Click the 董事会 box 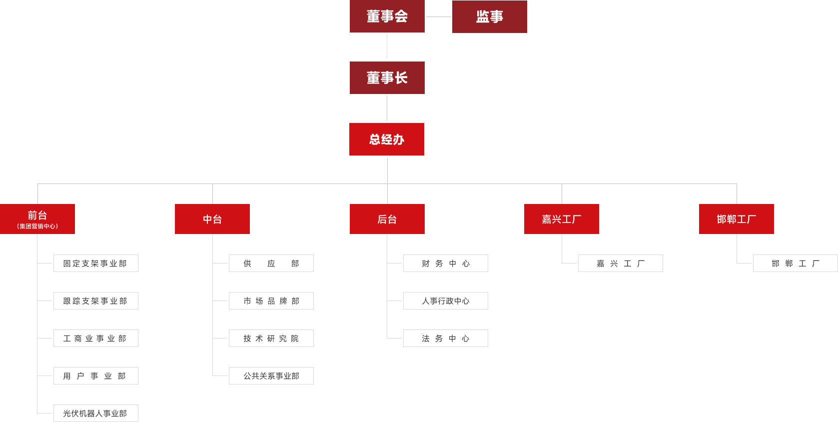point(387,16)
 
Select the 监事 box point(489,16)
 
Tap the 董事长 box point(387,77)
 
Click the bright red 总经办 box point(387,139)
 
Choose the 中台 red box point(212,219)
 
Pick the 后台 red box point(387,219)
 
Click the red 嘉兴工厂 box point(562,219)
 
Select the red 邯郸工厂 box point(736,219)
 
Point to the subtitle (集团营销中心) point(37,226)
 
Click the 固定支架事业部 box point(96,263)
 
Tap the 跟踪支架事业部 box point(96,300)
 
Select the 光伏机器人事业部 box point(96,413)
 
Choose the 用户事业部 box point(96,375)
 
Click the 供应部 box point(271,263)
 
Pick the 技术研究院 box point(271,338)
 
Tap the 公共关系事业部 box point(271,375)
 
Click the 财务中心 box point(446,263)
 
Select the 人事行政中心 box point(446,300)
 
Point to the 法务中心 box point(446,338)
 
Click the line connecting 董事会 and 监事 point(438,16)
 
